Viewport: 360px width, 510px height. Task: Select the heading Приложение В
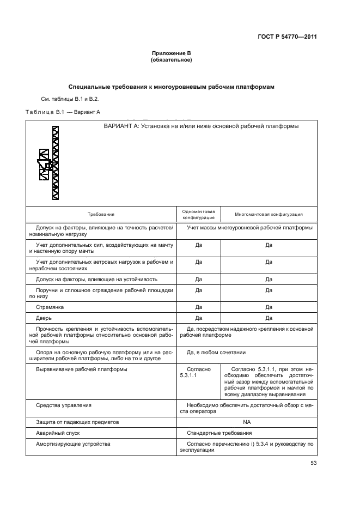click(171, 53)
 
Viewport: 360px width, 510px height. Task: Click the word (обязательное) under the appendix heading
click(171, 60)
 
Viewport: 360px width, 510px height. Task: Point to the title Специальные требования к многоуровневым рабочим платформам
click(171, 87)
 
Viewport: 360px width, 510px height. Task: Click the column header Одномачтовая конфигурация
click(199, 215)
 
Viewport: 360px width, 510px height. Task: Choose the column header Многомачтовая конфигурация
click(269, 215)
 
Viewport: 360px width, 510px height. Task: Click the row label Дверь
click(44, 318)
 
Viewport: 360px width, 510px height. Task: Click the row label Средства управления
click(64, 405)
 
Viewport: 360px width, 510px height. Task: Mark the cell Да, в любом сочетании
click(216, 353)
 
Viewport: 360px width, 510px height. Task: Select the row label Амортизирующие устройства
click(73, 444)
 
